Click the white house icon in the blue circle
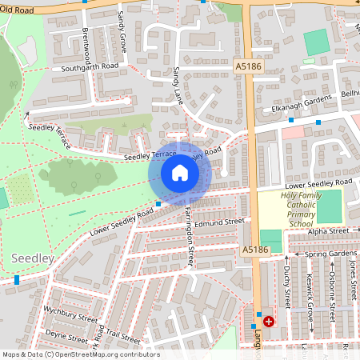179,172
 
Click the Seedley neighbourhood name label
33,258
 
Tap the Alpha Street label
329,231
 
